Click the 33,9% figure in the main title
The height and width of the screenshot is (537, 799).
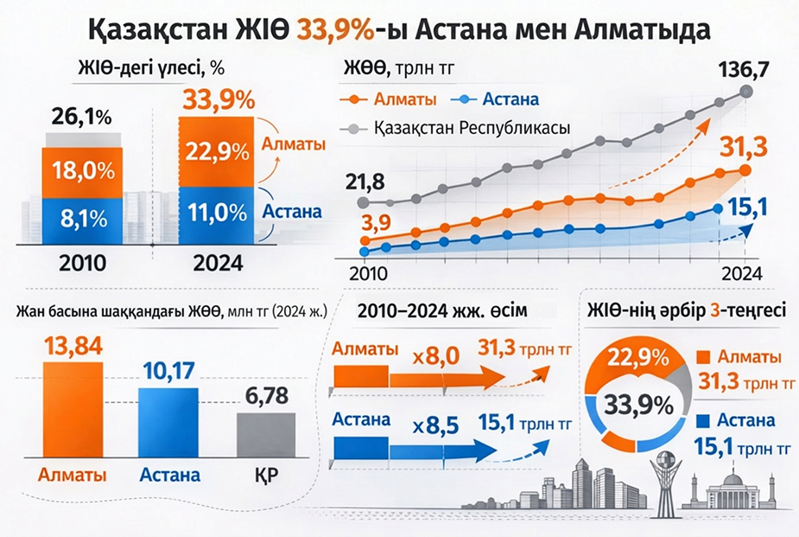point(333,30)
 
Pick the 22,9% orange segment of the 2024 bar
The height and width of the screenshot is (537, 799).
point(217,151)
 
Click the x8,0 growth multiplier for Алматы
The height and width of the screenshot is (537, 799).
point(434,355)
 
